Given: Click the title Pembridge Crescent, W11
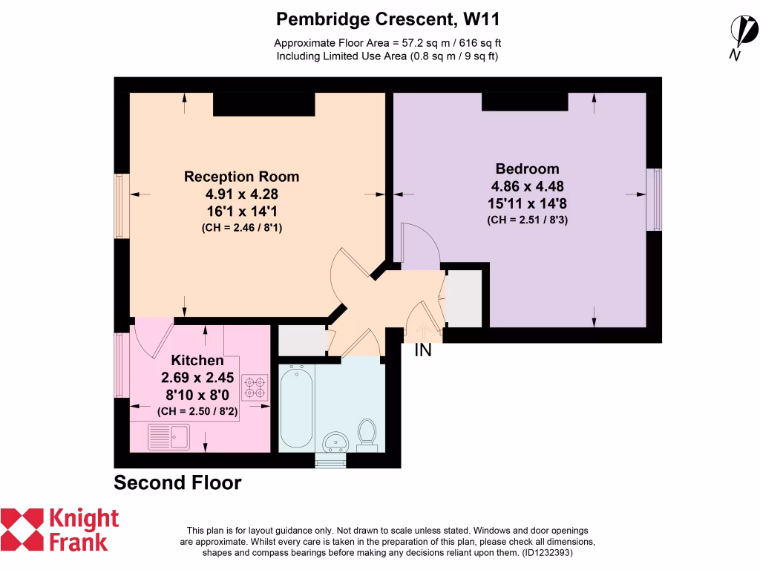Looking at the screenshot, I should point(393,18).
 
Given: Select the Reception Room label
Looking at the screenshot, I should point(241,177).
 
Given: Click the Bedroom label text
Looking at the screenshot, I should point(527,168).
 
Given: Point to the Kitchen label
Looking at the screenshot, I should point(197,361).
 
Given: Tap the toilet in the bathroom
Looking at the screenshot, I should point(367,434).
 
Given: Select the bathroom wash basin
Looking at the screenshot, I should point(337,441).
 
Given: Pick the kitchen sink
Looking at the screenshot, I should point(168,436).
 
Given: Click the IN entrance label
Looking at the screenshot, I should point(422,350).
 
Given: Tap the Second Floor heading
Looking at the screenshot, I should point(177,483).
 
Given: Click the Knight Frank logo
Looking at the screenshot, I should point(59,529).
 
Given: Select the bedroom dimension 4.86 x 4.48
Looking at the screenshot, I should point(527,186).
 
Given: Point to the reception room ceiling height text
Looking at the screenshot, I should point(241,229).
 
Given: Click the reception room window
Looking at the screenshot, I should point(121,206).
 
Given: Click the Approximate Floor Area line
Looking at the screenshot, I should point(393,42).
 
